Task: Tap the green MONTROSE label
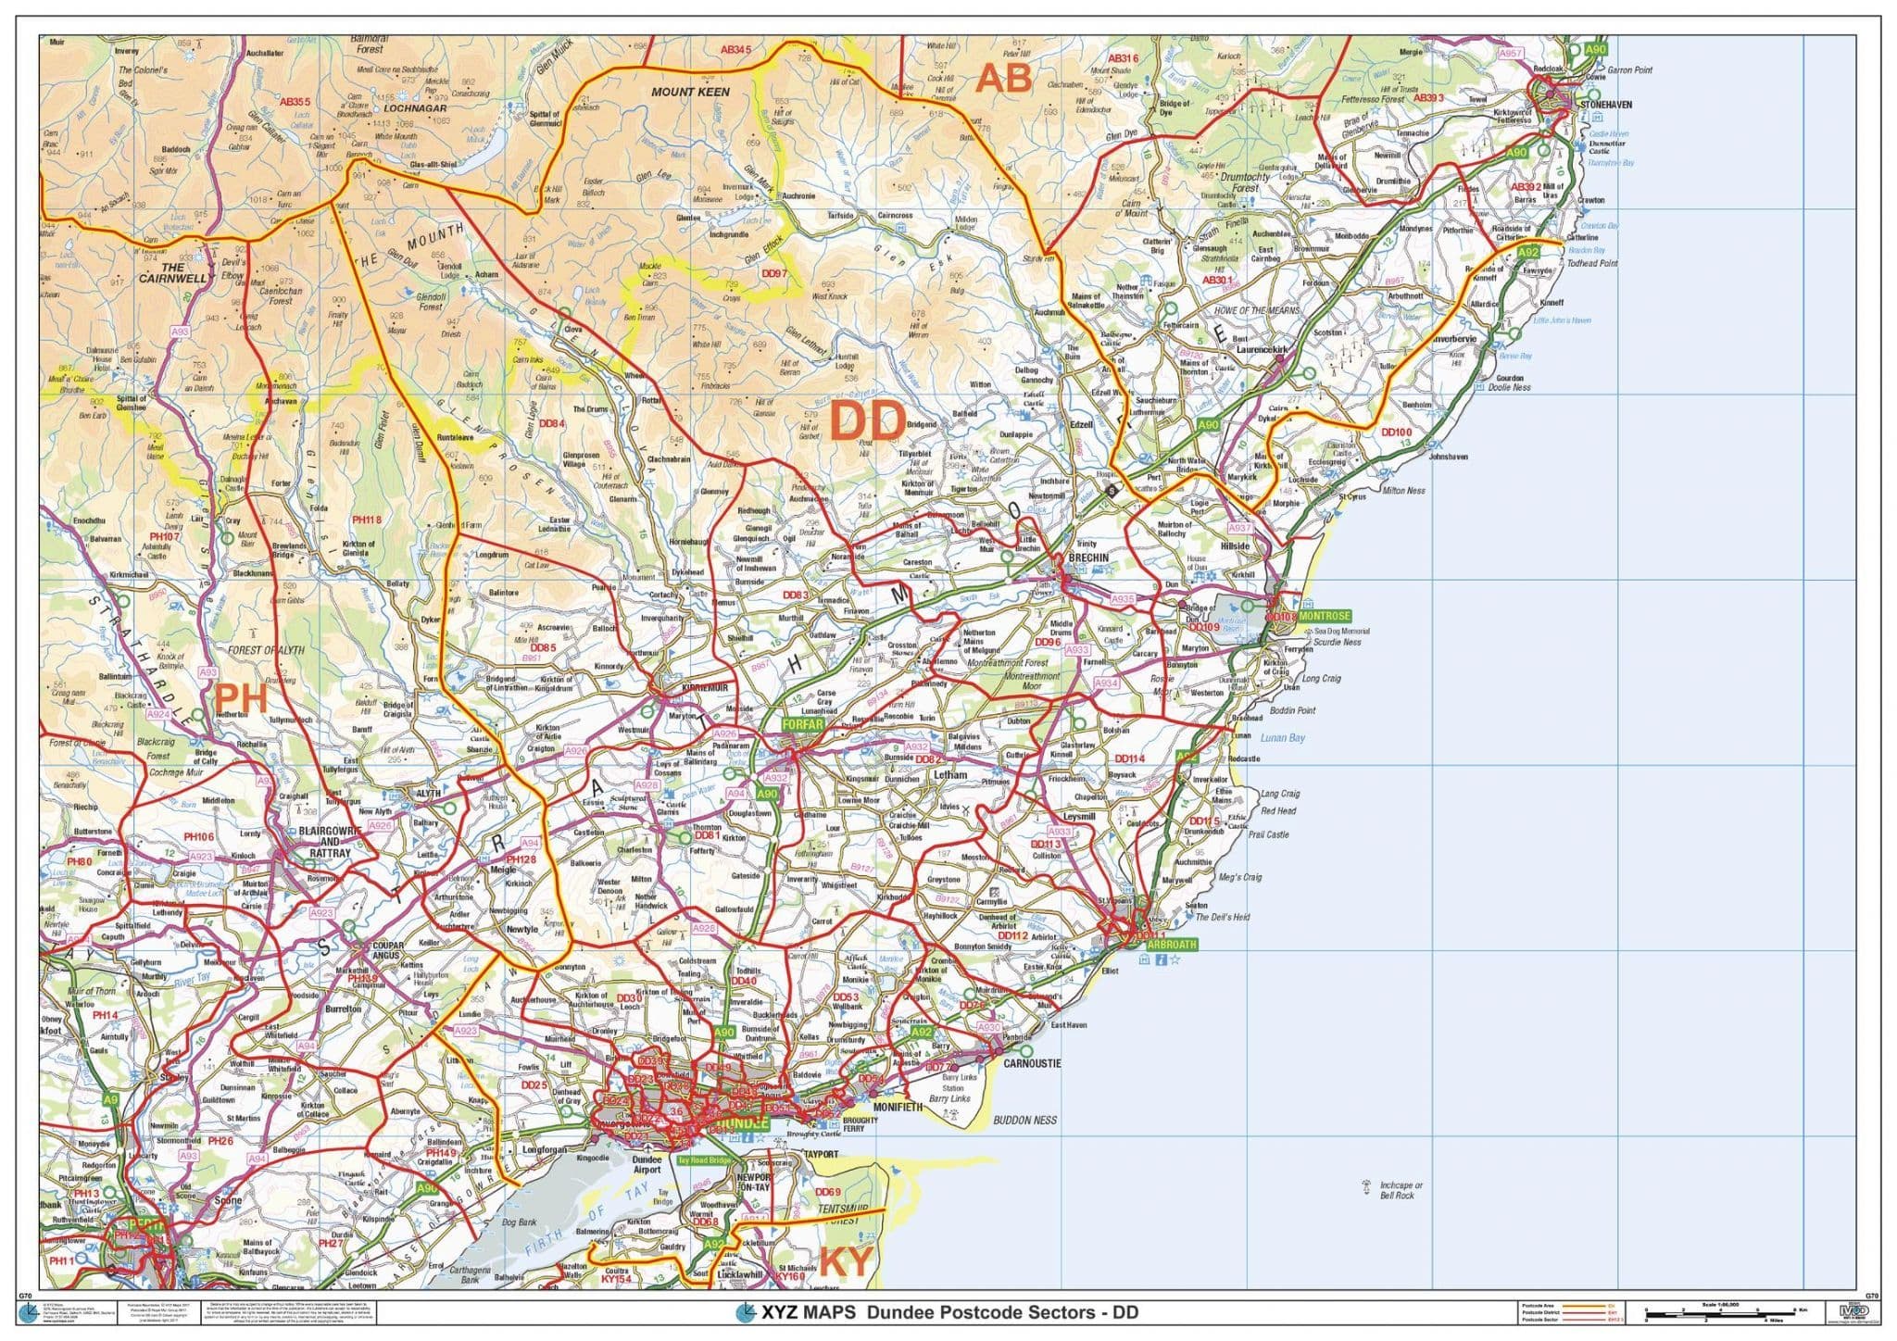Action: pos(1324,616)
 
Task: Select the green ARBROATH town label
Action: pos(1171,945)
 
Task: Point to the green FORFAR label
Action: pos(803,723)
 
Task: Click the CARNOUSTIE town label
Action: pos(1033,1063)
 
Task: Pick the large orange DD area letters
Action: pos(867,421)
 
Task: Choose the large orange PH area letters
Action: pos(241,698)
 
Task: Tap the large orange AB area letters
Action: pos(1004,79)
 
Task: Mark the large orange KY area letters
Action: pos(847,1261)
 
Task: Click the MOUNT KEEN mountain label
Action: pos(690,92)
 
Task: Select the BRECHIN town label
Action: pos(1087,558)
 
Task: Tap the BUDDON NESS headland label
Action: pos(1024,1120)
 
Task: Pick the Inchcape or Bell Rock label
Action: pos(1401,1190)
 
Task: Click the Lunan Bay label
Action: pos(1282,737)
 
